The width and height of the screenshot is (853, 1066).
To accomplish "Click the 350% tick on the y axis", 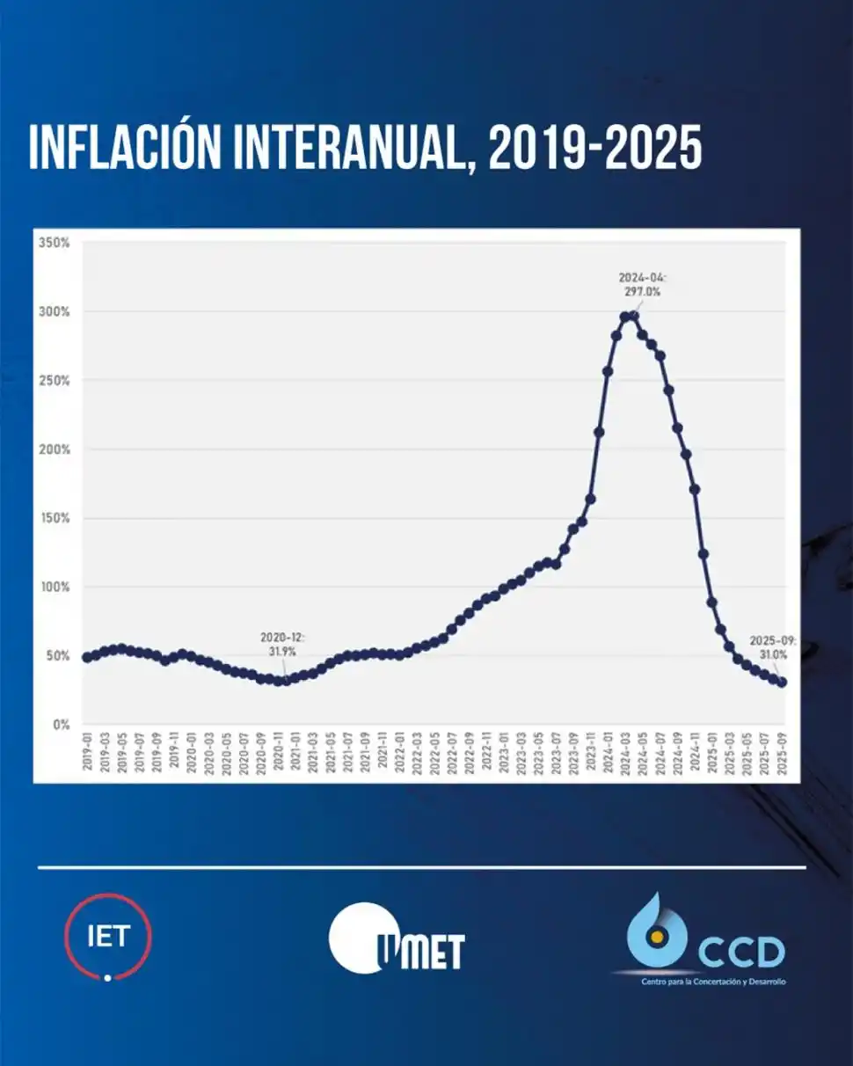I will point(55,243).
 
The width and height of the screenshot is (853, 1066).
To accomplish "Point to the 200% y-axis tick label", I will point(55,449).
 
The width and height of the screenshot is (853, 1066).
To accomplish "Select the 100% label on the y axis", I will point(55,587).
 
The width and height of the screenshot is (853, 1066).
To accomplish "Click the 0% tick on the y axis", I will point(60,725).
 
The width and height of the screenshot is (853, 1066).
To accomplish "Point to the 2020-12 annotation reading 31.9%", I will point(282,644).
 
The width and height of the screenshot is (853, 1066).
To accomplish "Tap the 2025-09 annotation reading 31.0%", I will point(772,647).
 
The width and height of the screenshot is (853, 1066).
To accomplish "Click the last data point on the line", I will point(782,682).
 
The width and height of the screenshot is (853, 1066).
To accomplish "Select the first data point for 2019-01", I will point(87,657).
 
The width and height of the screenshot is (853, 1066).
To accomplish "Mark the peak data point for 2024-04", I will point(633,316).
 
